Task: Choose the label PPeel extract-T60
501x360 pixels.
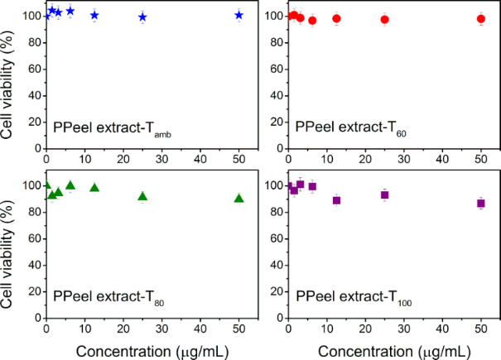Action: (x=351, y=128)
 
